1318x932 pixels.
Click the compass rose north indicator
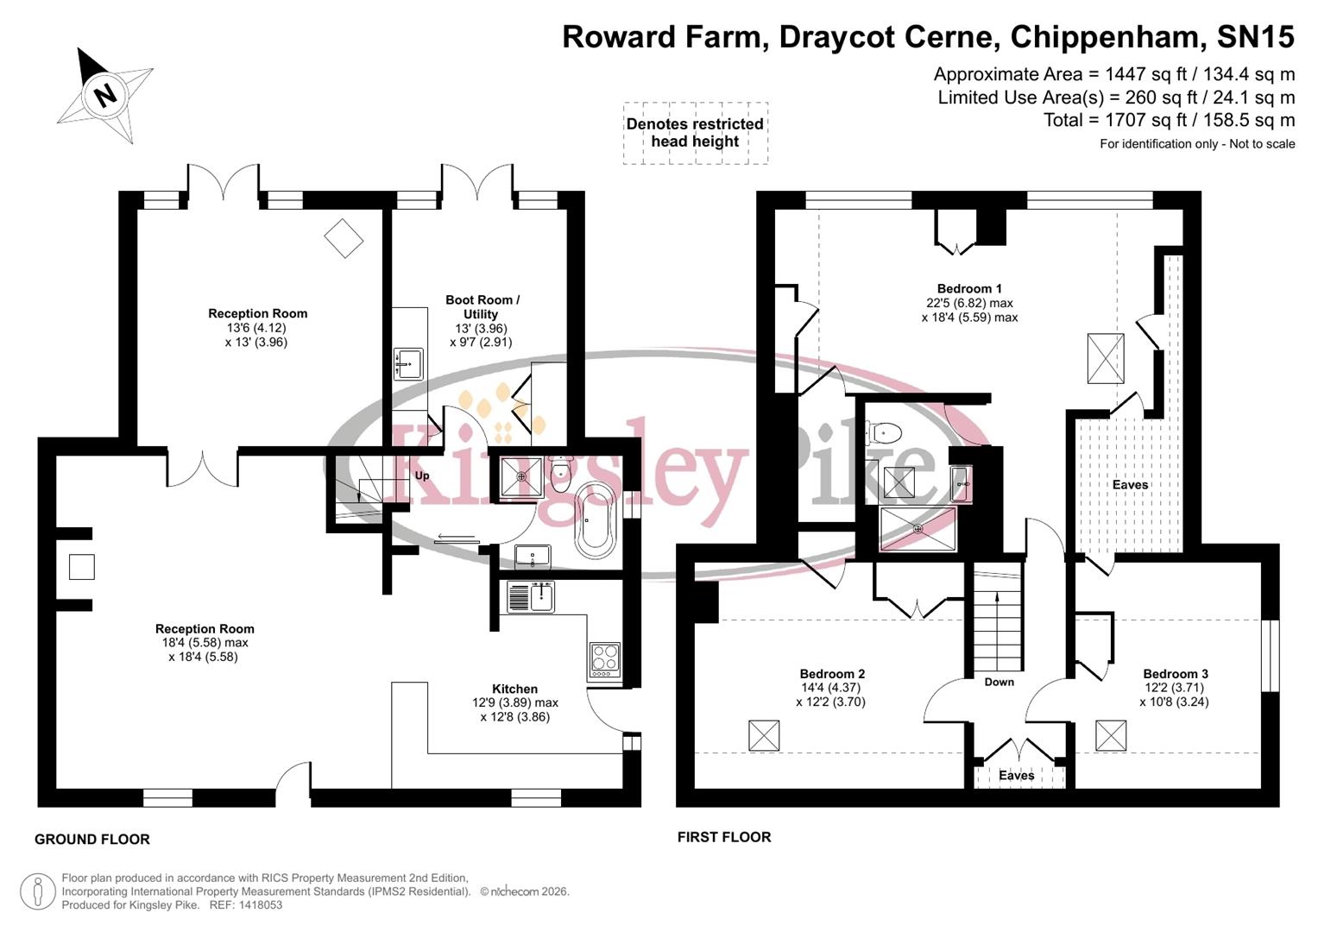tap(104, 93)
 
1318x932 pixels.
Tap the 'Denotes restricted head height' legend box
tap(695, 133)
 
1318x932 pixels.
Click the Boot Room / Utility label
tap(482, 307)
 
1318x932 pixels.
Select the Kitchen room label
tap(514, 689)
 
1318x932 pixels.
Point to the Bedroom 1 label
tap(968, 289)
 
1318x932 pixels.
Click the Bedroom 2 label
tap(831, 674)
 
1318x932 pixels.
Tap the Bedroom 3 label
tap(1175, 674)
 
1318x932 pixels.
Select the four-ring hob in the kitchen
tap(603, 659)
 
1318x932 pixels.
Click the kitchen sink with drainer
tap(530, 596)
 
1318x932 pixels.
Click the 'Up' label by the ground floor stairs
tap(422, 475)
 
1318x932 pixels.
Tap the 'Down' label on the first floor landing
tap(999, 682)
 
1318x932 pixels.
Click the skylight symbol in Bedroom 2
tap(764, 735)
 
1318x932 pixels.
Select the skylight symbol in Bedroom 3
tap(1111, 735)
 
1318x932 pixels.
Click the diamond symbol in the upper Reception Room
tap(343, 237)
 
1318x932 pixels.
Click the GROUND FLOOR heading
tap(92, 839)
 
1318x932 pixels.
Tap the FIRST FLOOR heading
tap(723, 836)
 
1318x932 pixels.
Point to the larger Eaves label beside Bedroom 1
tap(1130, 485)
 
